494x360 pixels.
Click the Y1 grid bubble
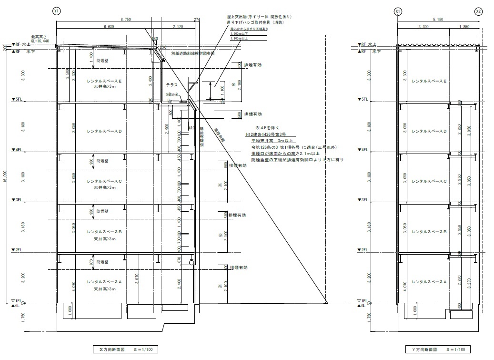(57, 10)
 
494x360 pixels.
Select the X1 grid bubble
(398, 10)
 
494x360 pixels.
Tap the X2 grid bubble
(478, 10)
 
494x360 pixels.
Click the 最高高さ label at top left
(40, 37)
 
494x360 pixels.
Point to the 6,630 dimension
(108, 27)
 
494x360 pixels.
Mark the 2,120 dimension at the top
(179, 27)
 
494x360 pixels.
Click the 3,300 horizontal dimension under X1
(423, 27)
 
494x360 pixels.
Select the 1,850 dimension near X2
(464, 27)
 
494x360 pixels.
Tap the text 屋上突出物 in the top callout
(239, 17)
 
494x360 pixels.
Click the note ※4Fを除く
(269, 128)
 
